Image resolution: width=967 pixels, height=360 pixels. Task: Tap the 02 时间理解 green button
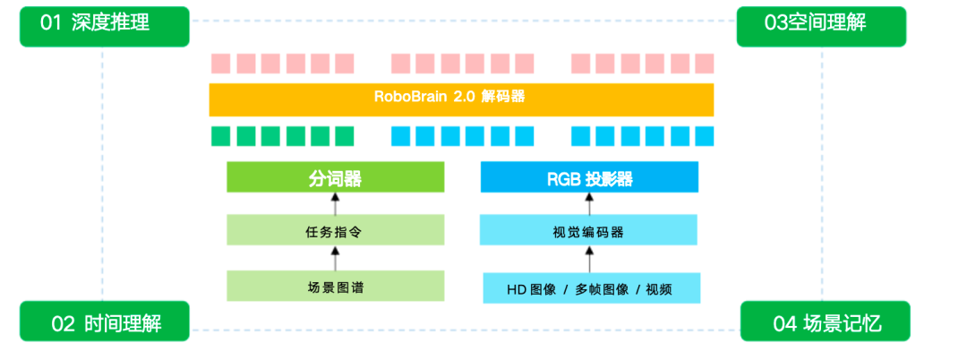105,321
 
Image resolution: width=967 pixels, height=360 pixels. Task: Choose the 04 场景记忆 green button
825,321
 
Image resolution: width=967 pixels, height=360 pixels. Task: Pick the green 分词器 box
336,177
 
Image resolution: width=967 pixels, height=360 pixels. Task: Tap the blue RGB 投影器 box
589,177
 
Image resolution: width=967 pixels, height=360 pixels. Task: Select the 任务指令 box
336,231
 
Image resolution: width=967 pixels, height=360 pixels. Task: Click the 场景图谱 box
336,287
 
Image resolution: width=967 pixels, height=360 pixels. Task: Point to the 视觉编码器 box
589,231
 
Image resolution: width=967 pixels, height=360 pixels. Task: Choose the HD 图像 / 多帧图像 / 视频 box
591,287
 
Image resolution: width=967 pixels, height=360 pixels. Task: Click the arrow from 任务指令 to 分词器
336,204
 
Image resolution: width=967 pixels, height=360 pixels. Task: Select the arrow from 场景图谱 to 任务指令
336,259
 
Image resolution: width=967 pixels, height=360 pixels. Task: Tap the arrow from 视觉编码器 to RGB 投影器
589,204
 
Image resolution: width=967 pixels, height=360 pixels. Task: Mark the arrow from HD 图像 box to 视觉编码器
589,260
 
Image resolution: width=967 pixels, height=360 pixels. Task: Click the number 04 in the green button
785,322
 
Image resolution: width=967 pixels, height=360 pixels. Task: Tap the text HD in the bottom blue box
517,288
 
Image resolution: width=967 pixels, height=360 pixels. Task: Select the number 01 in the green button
51,24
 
